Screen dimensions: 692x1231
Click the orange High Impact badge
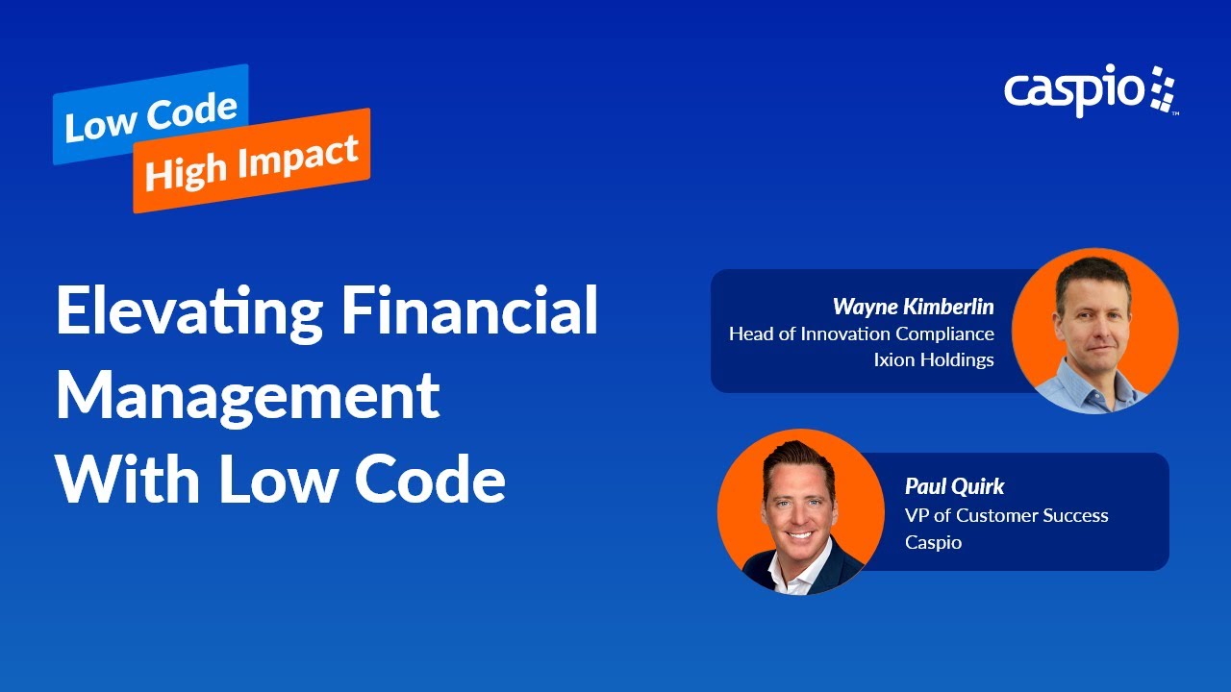(252, 161)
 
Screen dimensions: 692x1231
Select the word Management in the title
(248, 396)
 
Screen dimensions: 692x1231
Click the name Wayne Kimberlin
(913, 307)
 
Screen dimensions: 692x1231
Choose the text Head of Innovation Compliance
(861, 334)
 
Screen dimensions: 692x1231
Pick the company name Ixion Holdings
(933, 360)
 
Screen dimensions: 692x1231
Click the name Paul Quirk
(954, 486)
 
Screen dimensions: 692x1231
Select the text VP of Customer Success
(1006, 515)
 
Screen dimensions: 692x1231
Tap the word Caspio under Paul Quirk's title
(933, 542)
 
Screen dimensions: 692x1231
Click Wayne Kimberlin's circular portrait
(1094, 331)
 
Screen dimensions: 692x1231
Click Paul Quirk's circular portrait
(800, 511)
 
